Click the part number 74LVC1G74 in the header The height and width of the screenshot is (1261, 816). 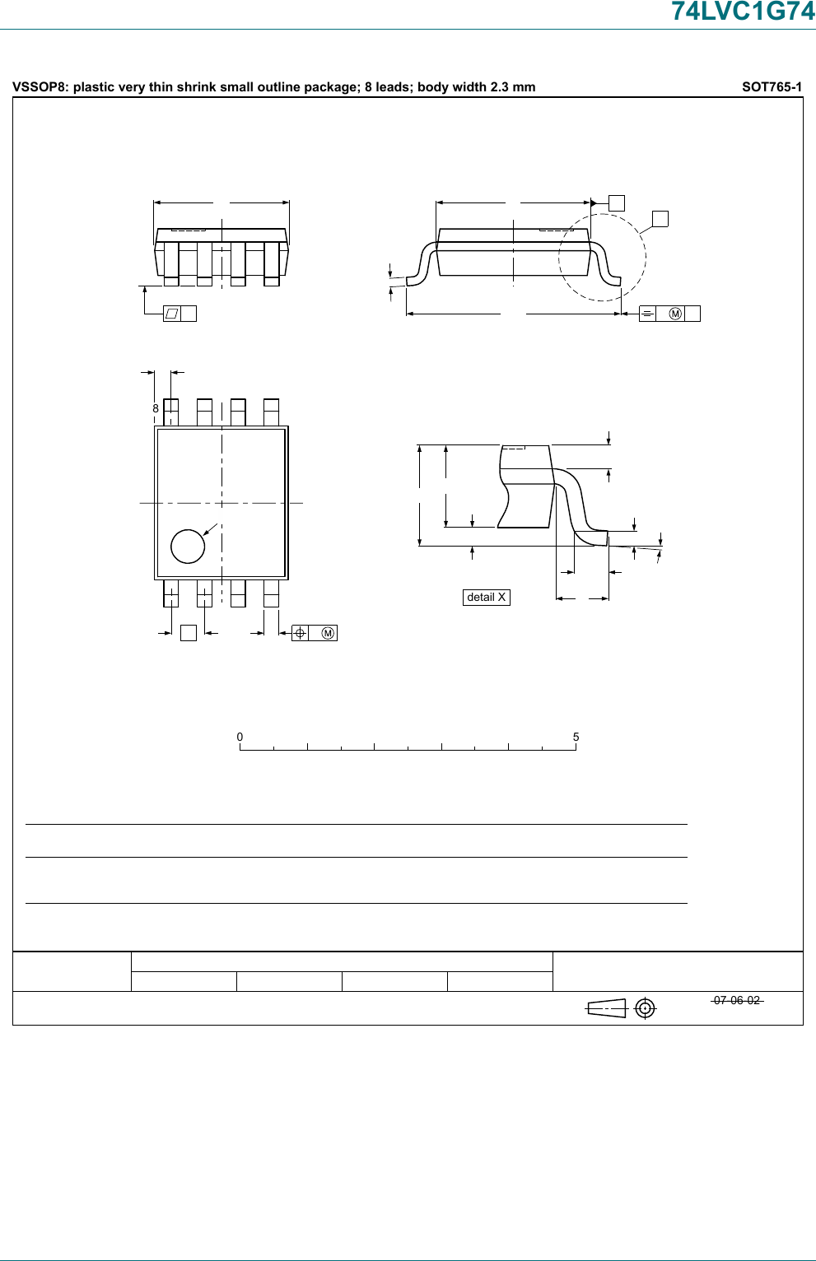[x=744, y=11]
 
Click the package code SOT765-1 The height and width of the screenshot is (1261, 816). [x=772, y=86]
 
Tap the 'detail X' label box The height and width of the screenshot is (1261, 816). [x=487, y=598]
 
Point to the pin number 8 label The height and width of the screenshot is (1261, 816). [x=156, y=408]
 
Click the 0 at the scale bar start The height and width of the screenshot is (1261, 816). [x=240, y=737]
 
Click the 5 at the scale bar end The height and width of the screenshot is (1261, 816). [x=576, y=737]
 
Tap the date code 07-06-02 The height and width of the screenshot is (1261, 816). [x=737, y=1000]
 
